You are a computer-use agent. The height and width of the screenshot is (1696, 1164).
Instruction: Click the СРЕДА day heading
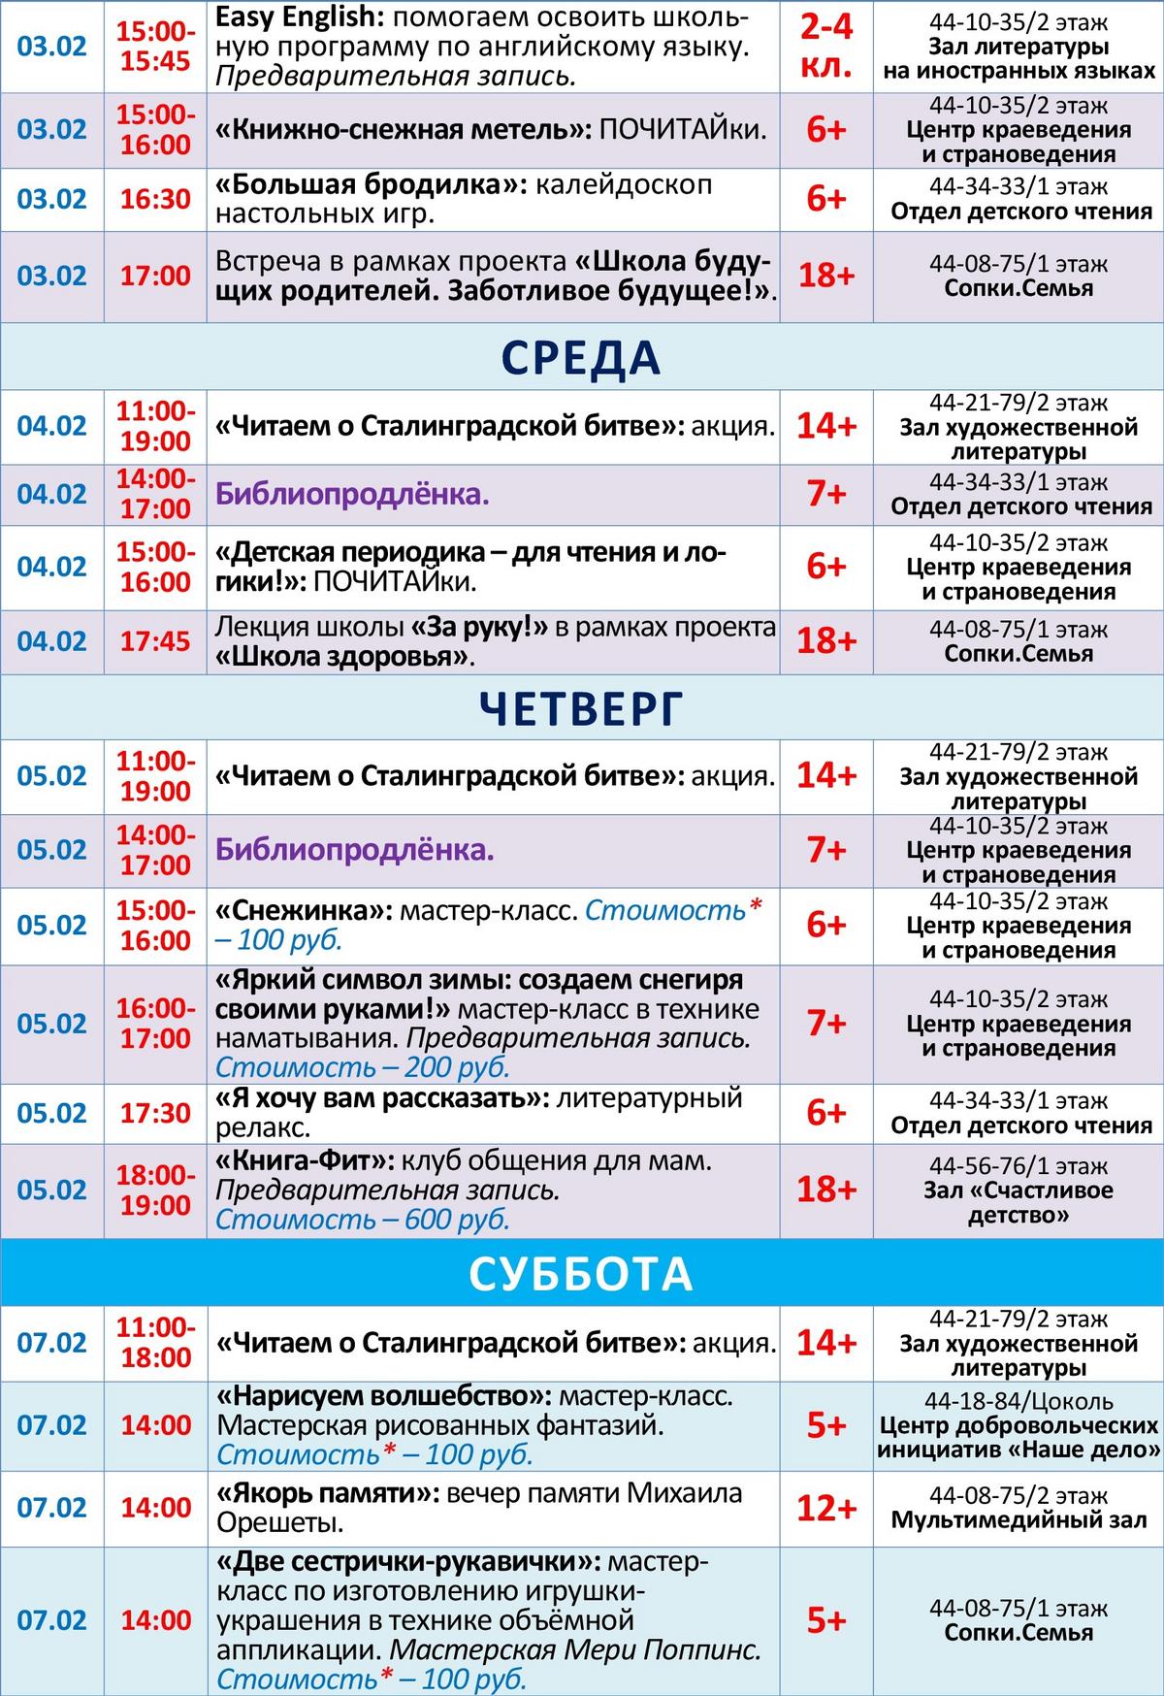pyautogui.click(x=581, y=357)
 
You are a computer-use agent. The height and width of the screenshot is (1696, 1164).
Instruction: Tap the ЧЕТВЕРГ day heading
pyautogui.click(x=581, y=708)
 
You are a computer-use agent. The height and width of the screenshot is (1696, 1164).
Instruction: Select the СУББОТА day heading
pyautogui.click(x=581, y=1274)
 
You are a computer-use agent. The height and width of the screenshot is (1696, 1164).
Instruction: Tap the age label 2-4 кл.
pyautogui.click(x=826, y=46)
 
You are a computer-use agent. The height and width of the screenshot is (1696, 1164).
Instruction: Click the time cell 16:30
pyautogui.click(x=155, y=199)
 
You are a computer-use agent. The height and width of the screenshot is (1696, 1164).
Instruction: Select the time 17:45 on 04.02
pyautogui.click(x=155, y=641)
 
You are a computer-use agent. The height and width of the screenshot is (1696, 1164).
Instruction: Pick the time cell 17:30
pyautogui.click(x=155, y=1113)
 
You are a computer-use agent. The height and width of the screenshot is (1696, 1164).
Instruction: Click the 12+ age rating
pyautogui.click(x=826, y=1508)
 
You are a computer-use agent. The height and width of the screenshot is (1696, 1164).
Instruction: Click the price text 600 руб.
pyautogui.click(x=457, y=1220)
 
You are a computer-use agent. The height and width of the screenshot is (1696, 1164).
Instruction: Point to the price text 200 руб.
pyautogui.click(x=457, y=1067)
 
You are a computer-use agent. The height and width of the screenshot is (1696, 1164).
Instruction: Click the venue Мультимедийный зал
pyautogui.click(x=1018, y=1520)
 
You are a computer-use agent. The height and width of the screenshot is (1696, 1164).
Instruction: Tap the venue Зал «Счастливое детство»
pyautogui.click(x=1018, y=1202)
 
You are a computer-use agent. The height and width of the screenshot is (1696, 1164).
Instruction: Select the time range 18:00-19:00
pyautogui.click(x=155, y=1190)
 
